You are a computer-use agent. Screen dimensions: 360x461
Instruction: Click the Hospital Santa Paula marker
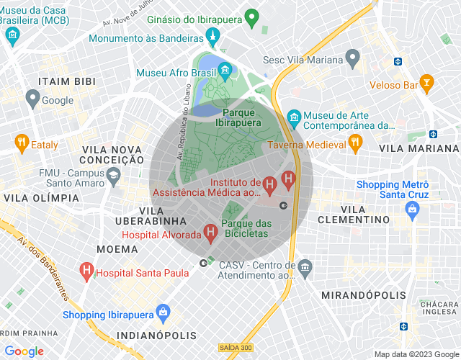tap(86, 271)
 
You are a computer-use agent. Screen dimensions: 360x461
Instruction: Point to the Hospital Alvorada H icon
tap(210, 233)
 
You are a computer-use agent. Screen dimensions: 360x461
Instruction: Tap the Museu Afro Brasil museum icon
tap(225, 70)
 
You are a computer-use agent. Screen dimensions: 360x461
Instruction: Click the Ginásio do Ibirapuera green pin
tap(251, 16)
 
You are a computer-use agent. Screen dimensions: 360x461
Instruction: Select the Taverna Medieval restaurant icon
tap(355, 143)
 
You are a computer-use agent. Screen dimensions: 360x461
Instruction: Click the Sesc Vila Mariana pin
tap(352, 57)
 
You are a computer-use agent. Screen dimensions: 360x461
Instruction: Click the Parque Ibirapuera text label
tap(241, 117)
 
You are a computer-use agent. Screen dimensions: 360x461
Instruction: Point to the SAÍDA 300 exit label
tap(236, 348)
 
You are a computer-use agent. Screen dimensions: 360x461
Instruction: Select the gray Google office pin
tap(32, 97)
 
